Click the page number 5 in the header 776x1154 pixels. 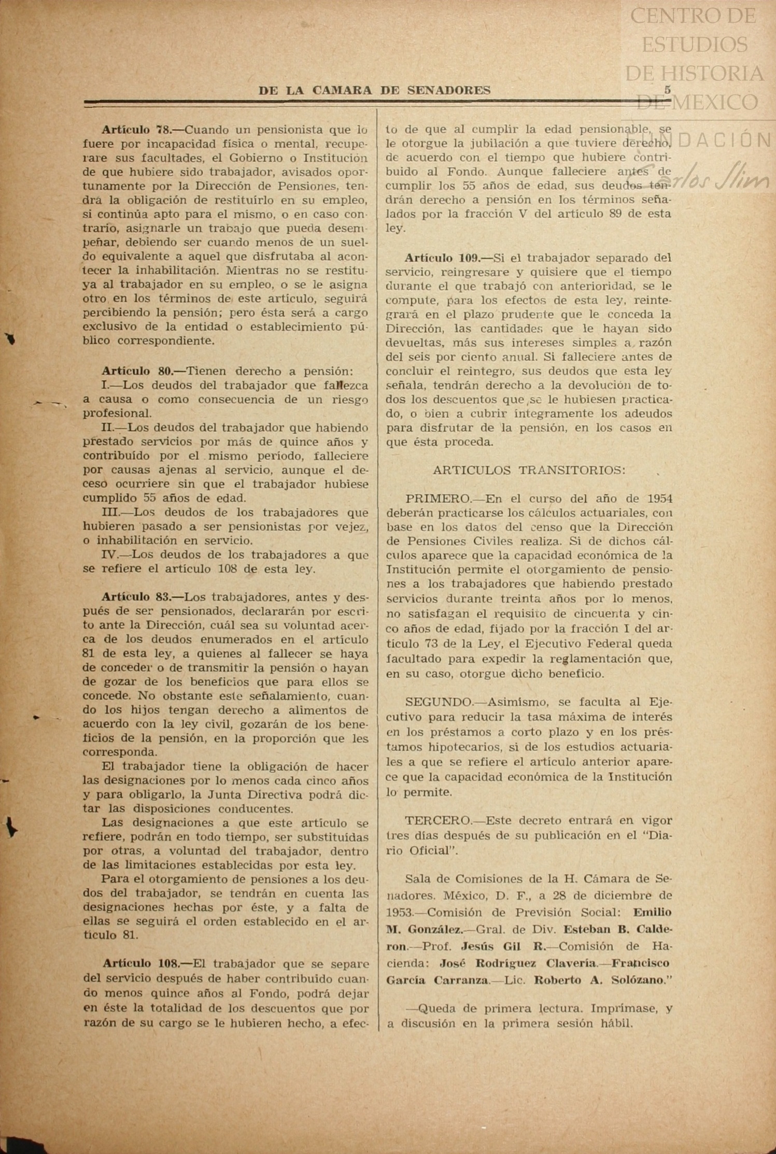668,90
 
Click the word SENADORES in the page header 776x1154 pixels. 449,90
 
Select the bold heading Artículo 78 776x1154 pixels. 136,129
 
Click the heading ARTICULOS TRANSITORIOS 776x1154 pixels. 529,470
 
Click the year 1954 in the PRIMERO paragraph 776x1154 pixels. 660,498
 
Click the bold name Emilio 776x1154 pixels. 652,912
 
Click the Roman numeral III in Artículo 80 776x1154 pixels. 110,512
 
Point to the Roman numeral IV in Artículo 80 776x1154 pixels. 109,555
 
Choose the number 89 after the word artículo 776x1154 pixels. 616,213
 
